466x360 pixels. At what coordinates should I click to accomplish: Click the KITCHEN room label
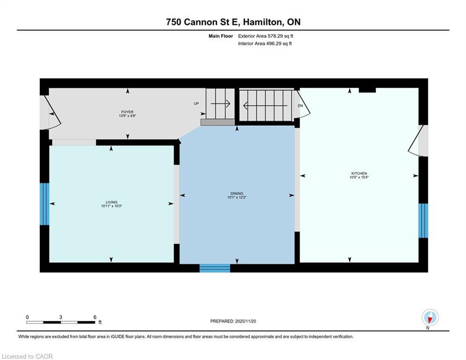tap(359, 173)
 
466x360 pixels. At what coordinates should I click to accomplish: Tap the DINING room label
tap(237, 193)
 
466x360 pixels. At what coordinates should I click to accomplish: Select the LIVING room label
tap(111, 202)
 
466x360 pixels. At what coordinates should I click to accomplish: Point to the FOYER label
tap(127, 112)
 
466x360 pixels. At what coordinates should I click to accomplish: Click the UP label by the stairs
tap(197, 103)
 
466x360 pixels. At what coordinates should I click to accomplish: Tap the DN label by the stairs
tap(300, 105)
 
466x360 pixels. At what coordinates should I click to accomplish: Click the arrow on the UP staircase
tap(221, 104)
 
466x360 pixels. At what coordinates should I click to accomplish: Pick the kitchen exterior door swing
tap(416, 141)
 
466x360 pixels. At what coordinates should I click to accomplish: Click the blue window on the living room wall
tap(44, 204)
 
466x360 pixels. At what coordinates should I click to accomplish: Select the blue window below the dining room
tap(215, 268)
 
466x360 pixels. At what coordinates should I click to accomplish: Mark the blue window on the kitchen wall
tap(423, 220)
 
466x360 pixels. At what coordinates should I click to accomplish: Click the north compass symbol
tap(429, 318)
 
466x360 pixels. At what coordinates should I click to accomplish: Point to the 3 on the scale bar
tap(61, 317)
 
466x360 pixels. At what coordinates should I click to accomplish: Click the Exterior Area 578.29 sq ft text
tap(266, 36)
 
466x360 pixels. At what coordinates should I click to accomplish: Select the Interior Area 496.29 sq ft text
tap(265, 44)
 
